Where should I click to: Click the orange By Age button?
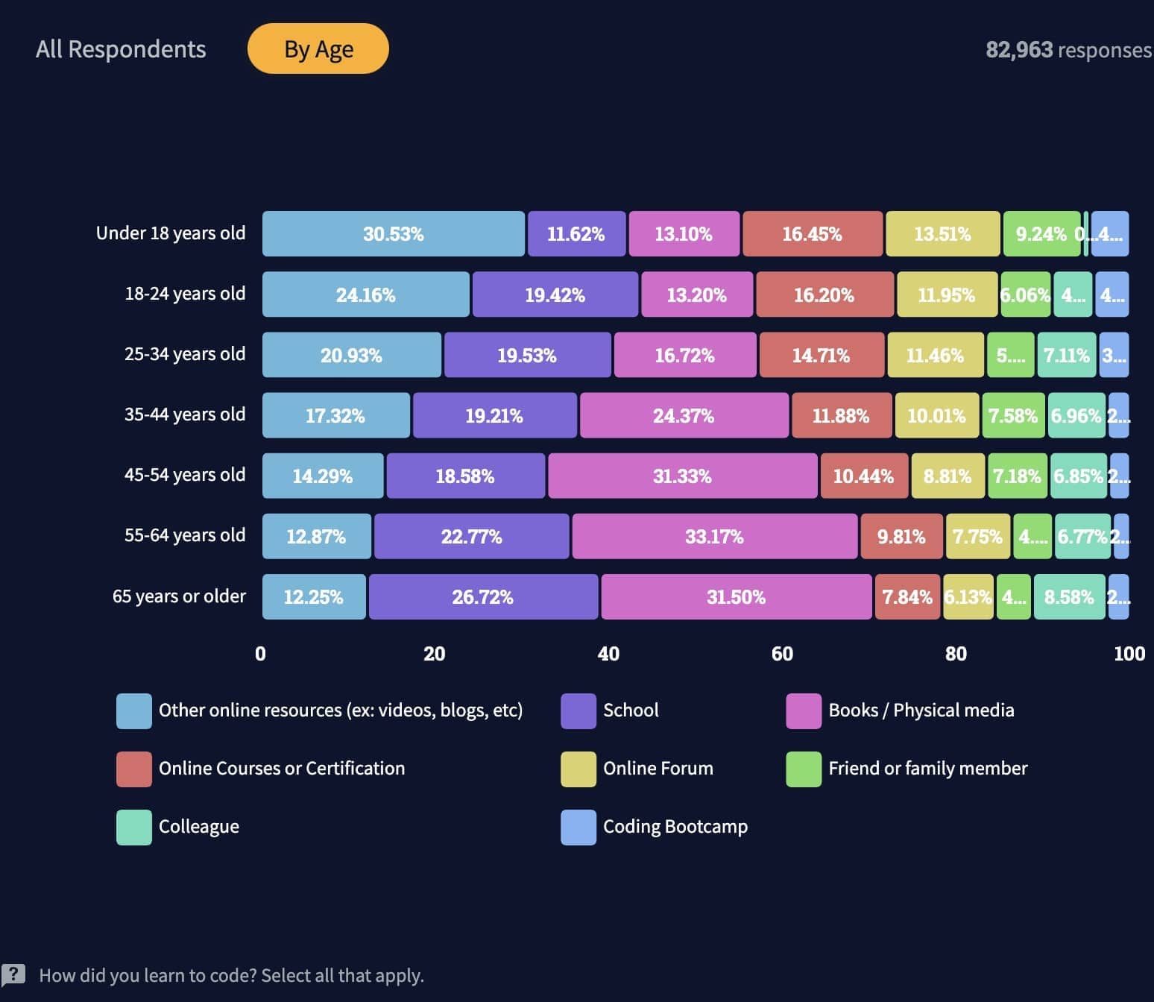318,49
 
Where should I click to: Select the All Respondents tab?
121,49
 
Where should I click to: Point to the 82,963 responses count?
1068,50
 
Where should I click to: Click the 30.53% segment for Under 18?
393,234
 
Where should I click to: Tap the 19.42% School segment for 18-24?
555,294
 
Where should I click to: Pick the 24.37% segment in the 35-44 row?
684,415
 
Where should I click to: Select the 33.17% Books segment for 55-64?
714,536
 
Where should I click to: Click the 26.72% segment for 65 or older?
483,596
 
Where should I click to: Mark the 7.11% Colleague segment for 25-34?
1066,355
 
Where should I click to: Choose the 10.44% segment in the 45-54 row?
863,476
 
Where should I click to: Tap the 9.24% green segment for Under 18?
1041,234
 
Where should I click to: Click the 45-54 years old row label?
184,475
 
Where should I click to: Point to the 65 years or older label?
179,596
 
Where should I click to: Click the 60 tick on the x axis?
782,654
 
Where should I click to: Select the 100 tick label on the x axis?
1129,654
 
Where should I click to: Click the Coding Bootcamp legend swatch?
578,828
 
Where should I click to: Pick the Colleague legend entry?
198,827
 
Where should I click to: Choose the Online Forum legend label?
658,769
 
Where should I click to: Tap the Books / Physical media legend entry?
921,710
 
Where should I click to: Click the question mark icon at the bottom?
13,974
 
